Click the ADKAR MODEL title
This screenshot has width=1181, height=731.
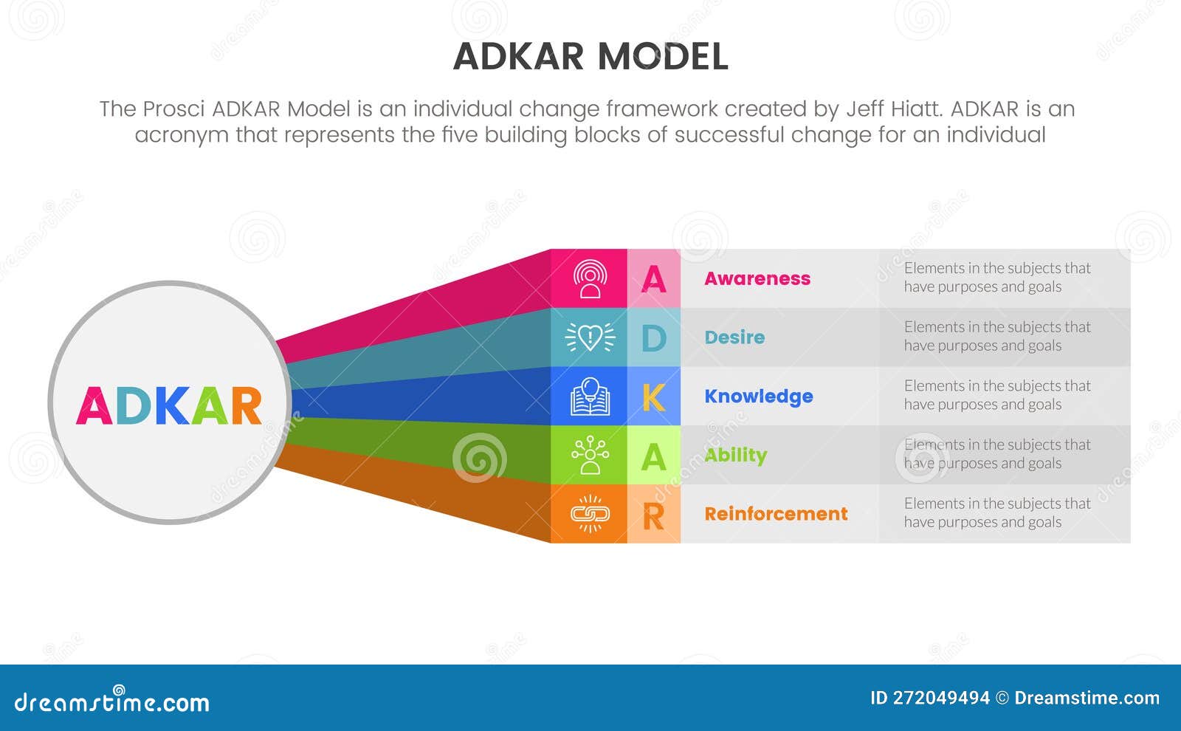tap(590, 57)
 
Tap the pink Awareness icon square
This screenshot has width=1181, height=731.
tap(590, 278)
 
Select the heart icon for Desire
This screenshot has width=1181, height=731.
tap(590, 337)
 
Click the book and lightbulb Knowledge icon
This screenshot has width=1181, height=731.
tap(590, 397)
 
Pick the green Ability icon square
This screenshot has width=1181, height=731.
tap(590, 455)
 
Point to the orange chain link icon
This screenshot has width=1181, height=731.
tap(590, 514)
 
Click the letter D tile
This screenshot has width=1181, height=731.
tap(654, 338)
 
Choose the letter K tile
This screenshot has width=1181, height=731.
tap(654, 397)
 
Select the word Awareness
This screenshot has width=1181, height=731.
tap(757, 278)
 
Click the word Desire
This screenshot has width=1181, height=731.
tap(734, 337)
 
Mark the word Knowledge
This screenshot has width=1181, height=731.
tap(759, 397)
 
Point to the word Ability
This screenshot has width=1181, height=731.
tap(736, 455)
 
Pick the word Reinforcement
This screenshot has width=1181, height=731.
tap(776, 514)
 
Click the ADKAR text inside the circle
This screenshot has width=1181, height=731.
tap(169, 405)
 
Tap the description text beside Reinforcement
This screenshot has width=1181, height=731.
tap(996, 513)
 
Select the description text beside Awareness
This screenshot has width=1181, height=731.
tap(996, 278)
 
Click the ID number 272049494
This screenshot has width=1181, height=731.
tap(941, 699)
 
